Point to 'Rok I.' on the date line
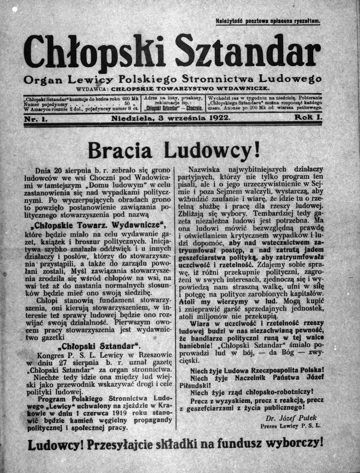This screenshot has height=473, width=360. (308, 118)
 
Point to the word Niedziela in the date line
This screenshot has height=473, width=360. (131, 118)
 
